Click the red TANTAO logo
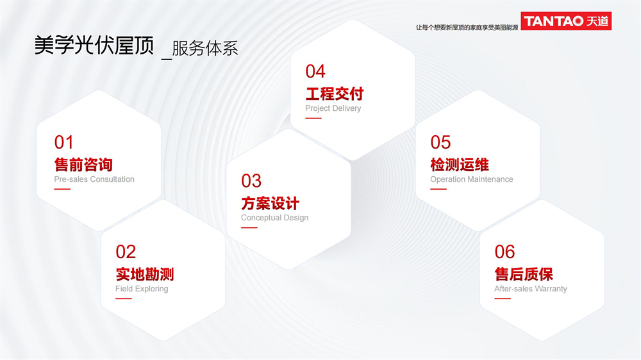[x=566, y=21]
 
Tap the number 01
[x=63, y=142]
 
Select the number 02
[x=126, y=252]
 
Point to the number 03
[x=251, y=181]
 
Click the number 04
[x=315, y=72]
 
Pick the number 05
[x=440, y=142]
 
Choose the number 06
[x=504, y=252]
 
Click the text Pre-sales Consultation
[x=94, y=179]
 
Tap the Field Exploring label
[x=142, y=289]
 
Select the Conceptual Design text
[x=275, y=218]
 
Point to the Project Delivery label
[x=333, y=108]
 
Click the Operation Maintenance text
[x=471, y=179]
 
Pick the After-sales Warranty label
[x=531, y=289]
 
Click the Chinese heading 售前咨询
[x=83, y=165]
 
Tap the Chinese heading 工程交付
[x=335, y=94]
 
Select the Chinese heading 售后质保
[x=524, y=274]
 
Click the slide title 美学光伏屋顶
[x=94, y=45]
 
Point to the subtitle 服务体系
[x=205, y=49]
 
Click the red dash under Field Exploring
[x=124, y=299]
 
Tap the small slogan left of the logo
[x=467, y=28]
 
